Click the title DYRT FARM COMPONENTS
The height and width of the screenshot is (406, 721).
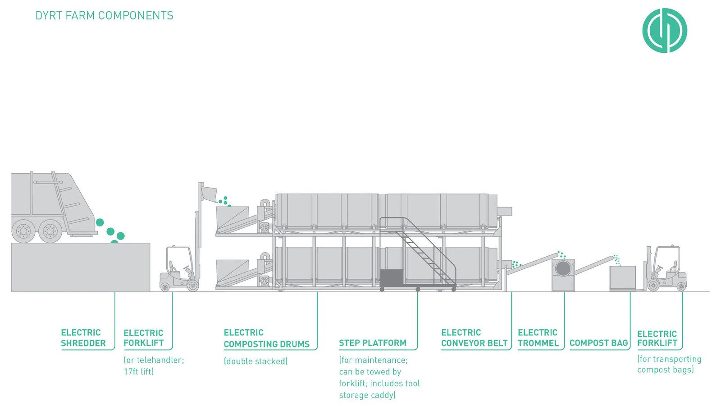[x=104, y=15]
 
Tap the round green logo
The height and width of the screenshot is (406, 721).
[x=664, y=31]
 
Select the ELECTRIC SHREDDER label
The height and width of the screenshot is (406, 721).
[x=83, y=338]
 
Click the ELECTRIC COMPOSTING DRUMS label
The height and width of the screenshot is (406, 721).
[x=266, y=338]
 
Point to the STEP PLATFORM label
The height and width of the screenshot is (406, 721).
[x=372, y=343]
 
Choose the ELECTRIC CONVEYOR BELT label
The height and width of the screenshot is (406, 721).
[x=474, y=338]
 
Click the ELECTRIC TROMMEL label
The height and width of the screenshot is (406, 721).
[x=538, y=338]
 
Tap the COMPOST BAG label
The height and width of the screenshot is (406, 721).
[x=598, y=343]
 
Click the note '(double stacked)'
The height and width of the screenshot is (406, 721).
[x=256, y=361]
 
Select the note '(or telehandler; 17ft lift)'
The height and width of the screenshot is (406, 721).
[x=154, y=366]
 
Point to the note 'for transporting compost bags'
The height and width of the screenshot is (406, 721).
[x=669, y=364]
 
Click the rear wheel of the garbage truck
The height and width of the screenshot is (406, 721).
[x=50, y=231]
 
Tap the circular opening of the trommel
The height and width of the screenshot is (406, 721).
[x=563, y=268]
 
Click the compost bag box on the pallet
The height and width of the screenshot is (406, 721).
[x=622, y=277]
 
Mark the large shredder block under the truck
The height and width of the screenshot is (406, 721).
[x=80, y=267]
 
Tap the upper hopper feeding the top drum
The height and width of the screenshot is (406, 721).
[x=232, y=217]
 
